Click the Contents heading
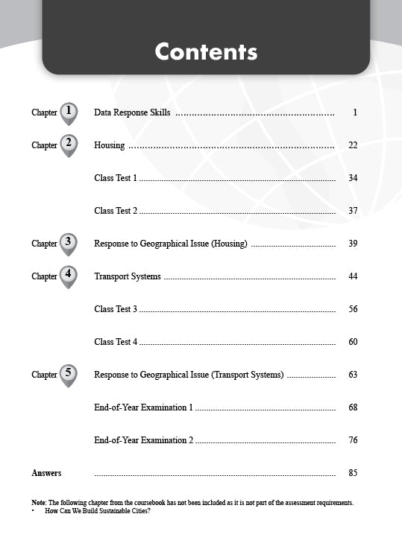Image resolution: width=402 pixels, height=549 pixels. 206,51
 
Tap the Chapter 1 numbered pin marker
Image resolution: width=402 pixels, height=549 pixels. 69,112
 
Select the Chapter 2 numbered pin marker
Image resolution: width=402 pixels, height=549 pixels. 69,145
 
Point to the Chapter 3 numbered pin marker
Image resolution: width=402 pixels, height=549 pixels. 69,243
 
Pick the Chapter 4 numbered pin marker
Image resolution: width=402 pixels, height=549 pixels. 69,276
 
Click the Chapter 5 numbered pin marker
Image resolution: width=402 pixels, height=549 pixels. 69,374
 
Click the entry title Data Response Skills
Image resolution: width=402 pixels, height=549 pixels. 132,112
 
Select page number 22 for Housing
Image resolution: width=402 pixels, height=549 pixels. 353,145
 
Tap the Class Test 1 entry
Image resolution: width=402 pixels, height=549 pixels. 116,178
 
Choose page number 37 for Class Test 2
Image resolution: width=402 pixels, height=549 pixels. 353,211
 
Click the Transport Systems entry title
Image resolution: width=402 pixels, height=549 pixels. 128,276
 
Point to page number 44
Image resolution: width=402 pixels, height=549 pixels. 353,276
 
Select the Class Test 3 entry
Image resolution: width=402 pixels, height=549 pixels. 116,309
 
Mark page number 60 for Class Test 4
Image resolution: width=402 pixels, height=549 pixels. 353,342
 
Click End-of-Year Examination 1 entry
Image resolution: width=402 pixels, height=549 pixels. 144,407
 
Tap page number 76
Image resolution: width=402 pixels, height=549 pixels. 353,440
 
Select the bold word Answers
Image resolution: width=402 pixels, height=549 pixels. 46,473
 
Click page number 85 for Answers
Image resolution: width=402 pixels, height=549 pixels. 353,473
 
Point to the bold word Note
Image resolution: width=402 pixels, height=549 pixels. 39,503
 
